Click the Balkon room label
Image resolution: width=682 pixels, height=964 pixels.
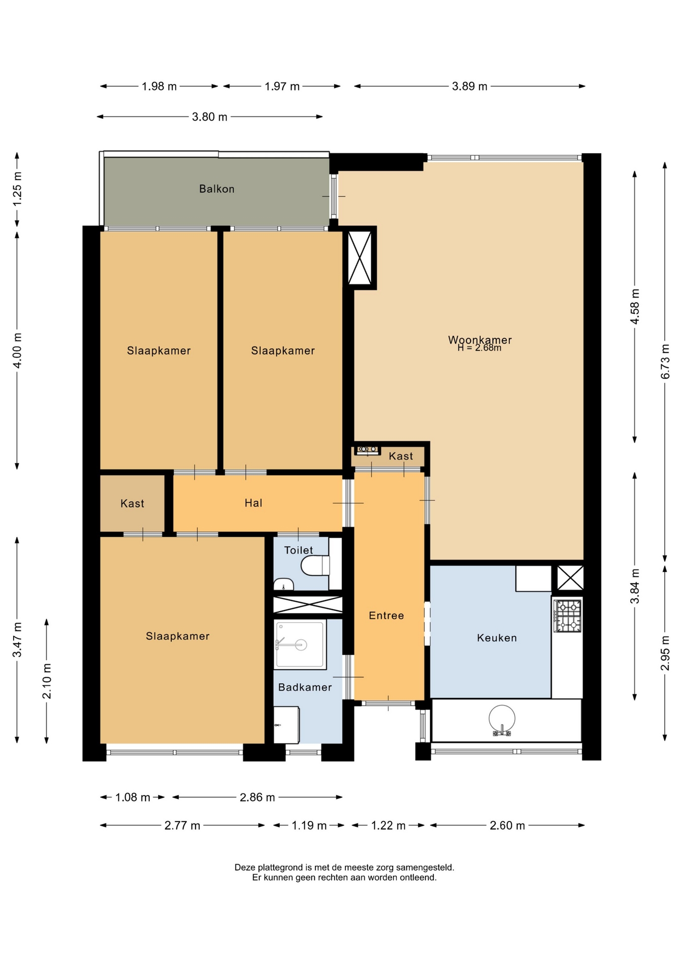coord(216,189)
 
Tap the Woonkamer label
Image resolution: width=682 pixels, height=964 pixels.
coord(480,339)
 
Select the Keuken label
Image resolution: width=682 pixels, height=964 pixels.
coord(497,638)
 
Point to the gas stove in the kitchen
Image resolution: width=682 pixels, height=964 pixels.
coord(567,616)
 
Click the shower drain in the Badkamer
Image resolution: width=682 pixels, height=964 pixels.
coord(301,645)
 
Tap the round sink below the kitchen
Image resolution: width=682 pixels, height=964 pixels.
coord(502,718)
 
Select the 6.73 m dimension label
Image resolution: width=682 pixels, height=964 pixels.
coord(665,361)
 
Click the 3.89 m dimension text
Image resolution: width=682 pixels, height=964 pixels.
coord(470,86)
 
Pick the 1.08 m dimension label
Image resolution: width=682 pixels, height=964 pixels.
coord(133,797)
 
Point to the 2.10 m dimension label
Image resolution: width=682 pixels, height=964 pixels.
coord(47,681)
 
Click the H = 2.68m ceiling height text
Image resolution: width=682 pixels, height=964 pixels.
coord(479,348)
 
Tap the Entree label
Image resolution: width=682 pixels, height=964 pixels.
coord(386,616)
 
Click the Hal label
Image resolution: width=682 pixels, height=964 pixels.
coord(253,503)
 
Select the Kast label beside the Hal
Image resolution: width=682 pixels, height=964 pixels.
coord(132,504)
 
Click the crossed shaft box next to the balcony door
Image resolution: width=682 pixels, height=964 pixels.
coord(360,258)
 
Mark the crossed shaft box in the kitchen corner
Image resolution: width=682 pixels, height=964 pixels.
coord(571,577)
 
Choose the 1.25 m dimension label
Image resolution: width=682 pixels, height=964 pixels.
coord(17,189)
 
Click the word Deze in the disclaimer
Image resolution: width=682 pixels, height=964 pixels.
coord(245,867)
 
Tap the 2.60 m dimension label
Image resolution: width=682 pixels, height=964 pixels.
coord(507,825)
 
